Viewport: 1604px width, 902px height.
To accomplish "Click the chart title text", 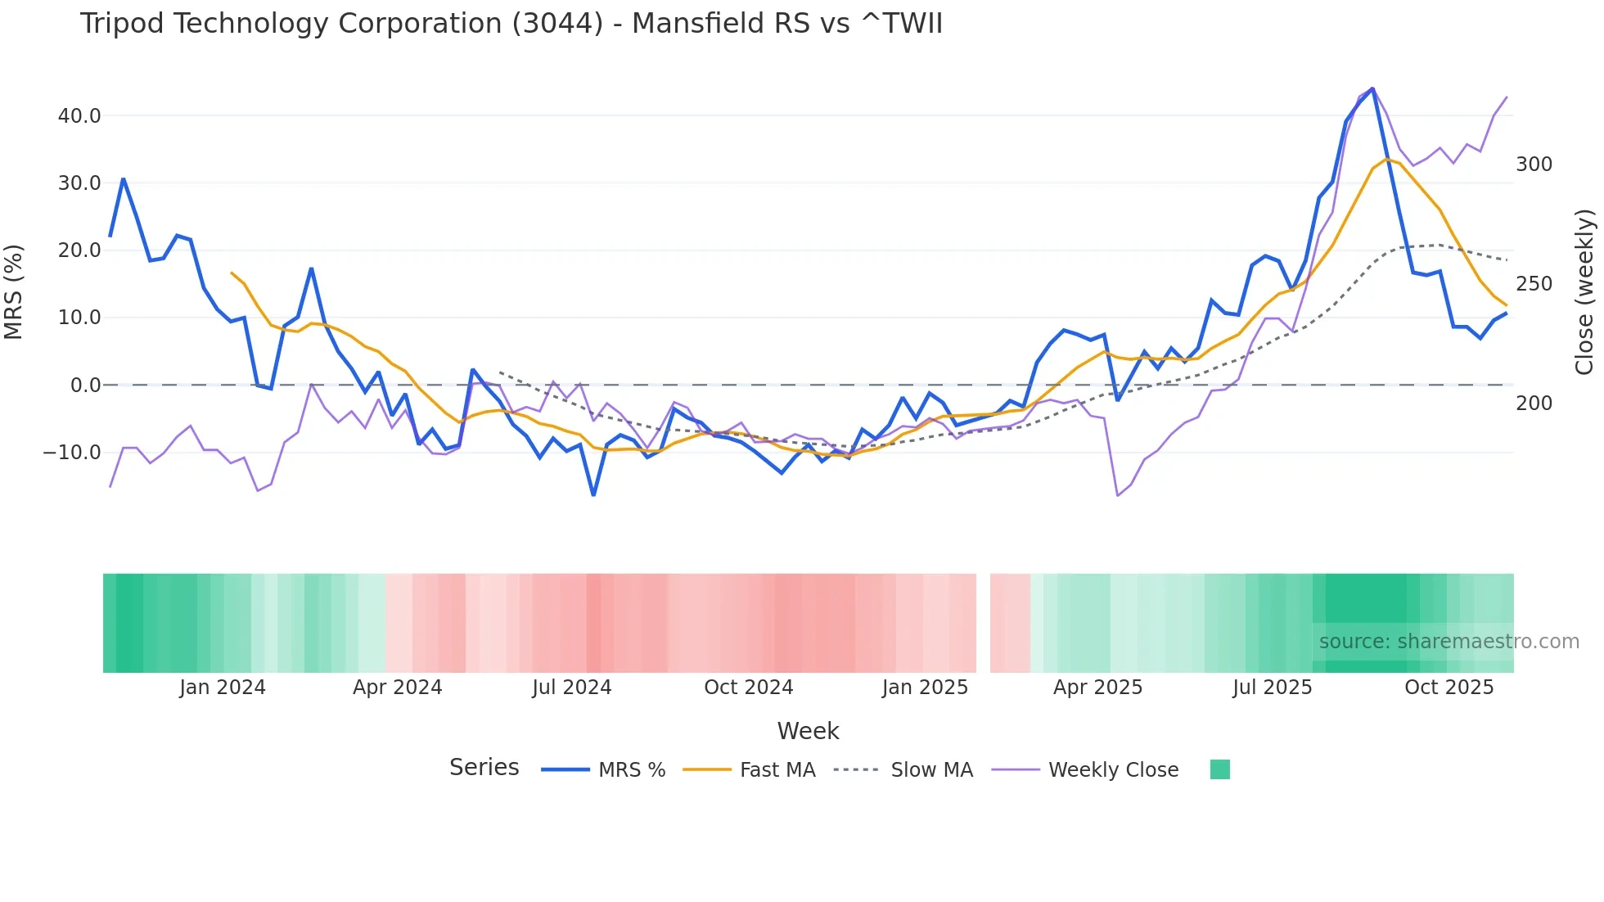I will (x=511, y=24).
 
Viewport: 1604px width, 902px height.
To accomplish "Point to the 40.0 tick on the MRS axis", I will (x=79, y=116).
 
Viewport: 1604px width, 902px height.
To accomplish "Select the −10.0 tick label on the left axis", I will (x=72, y=453).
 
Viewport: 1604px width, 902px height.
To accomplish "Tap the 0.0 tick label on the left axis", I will (x=86, y=386).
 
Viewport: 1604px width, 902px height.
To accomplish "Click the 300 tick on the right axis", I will (x=1534, y=165).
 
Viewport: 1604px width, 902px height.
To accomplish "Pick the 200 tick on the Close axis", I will (x=1534, y=404).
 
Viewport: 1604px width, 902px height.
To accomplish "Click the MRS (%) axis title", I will (x=14, y=292).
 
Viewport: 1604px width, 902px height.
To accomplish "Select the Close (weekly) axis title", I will (x=1584, y=292).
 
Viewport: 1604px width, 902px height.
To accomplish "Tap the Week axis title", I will (x=808, y=731).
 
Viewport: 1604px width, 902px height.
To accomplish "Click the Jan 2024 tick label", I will (x=223, y=688).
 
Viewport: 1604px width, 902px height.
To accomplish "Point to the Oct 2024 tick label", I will (x=748, y=688).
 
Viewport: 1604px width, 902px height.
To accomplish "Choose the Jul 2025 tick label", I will (x=1272, y=688).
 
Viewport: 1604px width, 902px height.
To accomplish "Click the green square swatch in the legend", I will (x=1219, y=770).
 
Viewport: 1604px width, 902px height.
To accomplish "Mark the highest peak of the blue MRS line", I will (x=1372, y=88).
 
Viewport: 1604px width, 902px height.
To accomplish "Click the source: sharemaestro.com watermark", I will (x=1449, y=642).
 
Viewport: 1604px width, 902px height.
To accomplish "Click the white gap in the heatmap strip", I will (x=983, y=623).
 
